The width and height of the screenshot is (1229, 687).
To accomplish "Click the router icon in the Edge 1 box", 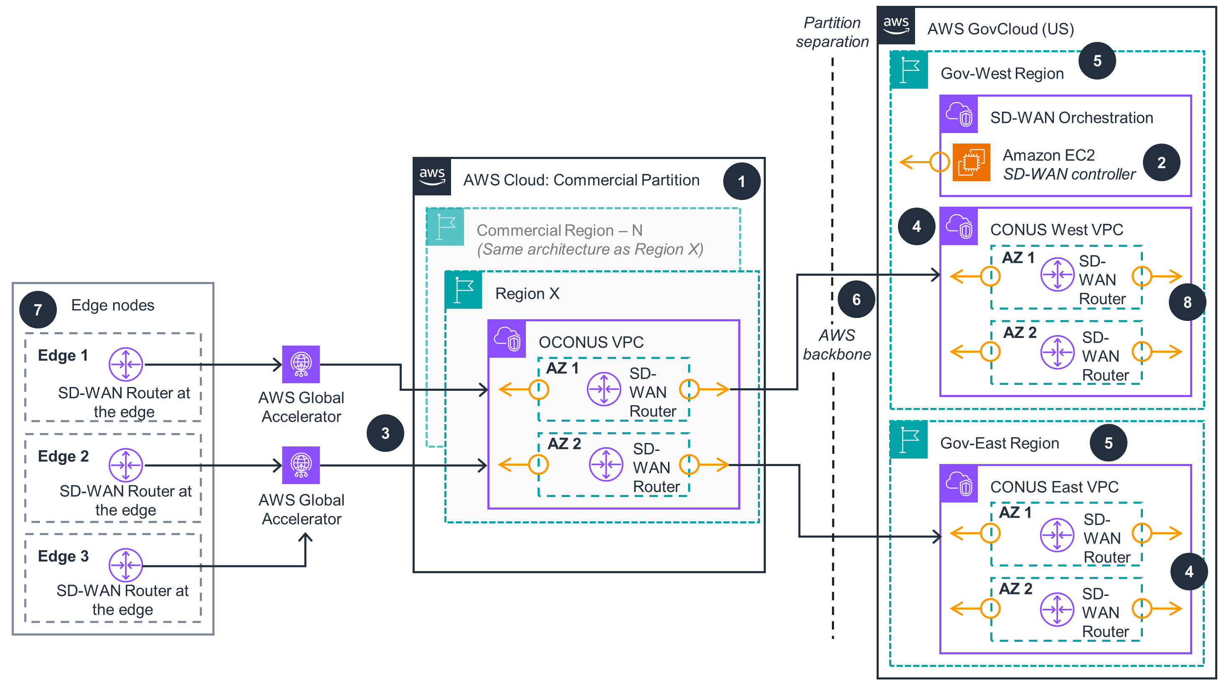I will pos(125,364).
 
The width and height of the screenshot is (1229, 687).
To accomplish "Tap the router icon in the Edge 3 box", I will pos(125,565).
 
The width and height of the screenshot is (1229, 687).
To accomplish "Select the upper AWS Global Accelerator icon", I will pos(301,364).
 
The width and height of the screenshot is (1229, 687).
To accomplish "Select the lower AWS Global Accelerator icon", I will pos(301,465).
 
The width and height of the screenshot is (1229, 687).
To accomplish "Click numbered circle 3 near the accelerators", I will pos(385,433).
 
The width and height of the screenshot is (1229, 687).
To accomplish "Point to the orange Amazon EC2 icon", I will pos(971,162).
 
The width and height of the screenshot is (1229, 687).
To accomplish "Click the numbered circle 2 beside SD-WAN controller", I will pos(1161,162).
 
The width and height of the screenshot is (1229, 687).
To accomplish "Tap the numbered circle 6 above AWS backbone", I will pos(857,299).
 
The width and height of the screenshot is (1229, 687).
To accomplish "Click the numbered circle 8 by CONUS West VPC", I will pos(1187,302).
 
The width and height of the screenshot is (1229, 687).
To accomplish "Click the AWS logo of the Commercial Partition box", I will pos(432,176).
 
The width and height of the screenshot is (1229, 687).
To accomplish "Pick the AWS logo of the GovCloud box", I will pos(896,25).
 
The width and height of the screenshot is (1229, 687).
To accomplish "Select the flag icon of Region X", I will pos(463,290).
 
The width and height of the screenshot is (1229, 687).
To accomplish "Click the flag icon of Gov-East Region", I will pos(909,440).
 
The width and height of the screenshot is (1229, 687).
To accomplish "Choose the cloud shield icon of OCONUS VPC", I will pos(507,339).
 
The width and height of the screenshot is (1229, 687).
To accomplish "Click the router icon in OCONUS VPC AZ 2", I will pos(605,464).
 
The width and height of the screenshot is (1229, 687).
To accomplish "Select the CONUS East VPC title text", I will pos(1054,487).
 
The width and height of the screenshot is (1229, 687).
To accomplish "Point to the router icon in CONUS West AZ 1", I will pos(1057,274).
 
